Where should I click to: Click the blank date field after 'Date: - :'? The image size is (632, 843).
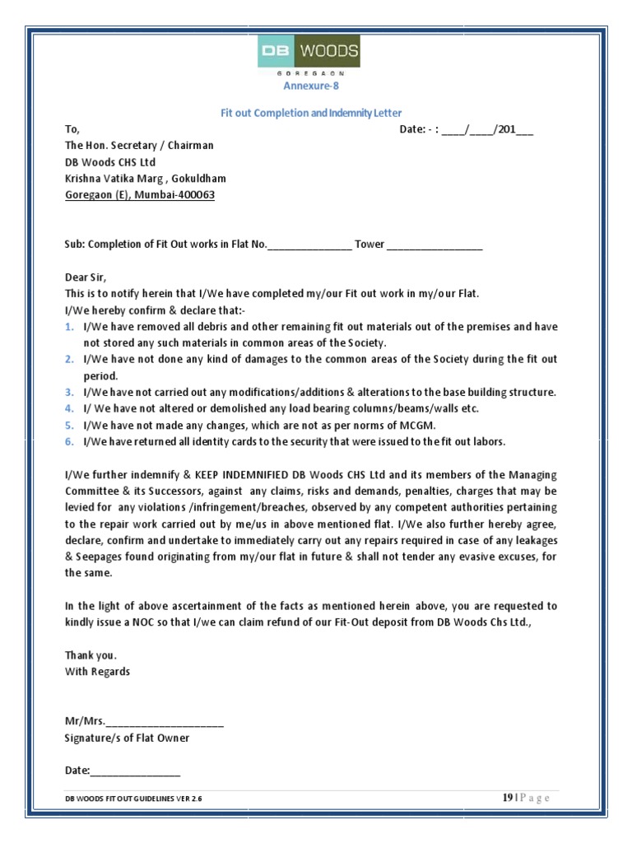(x=486, y=129)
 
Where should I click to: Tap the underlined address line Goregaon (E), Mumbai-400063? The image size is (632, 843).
(x=142, y=194)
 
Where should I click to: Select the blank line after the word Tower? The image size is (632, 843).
(x=434, y=245)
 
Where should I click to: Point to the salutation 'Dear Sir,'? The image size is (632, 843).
(x=86, y=277)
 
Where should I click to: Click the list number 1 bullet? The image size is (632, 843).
(x=70, y=327)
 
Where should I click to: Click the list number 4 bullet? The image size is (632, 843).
(x=70, y=408)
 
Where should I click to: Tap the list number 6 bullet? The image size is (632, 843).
(x=70, y=441)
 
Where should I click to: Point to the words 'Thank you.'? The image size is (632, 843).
(x=91, y=655)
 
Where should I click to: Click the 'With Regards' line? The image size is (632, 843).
(x=97, y=672)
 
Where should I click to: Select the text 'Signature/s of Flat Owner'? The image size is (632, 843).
(x=127, y=738)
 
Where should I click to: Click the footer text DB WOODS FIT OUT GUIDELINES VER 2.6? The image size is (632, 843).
(x=133, y=799)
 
